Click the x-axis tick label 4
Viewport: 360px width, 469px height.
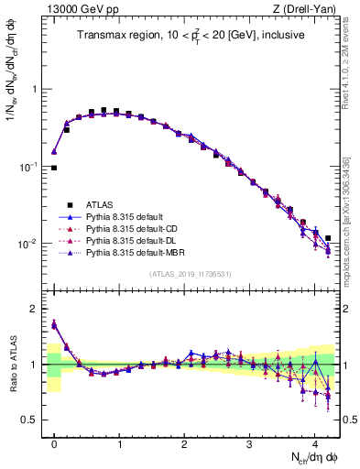point(315,442)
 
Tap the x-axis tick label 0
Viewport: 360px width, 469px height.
point(54,442)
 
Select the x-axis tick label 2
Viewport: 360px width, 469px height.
point(184,442)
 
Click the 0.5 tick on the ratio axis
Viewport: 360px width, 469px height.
point(34,420)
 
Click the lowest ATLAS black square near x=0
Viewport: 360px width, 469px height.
point(54,169)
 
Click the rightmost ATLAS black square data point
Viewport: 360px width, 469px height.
point(328,238)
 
